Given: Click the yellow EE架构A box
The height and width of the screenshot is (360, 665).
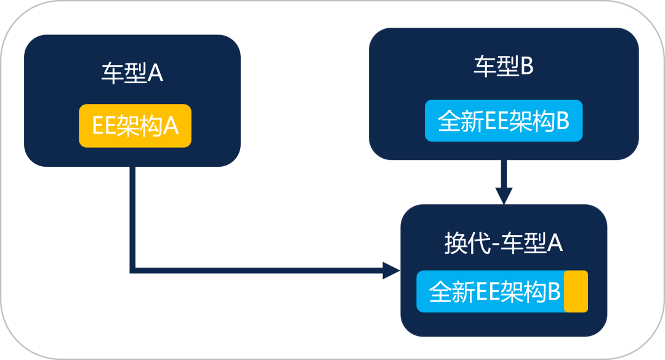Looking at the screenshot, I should (135, 126).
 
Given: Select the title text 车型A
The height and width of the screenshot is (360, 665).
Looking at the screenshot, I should (132, 74).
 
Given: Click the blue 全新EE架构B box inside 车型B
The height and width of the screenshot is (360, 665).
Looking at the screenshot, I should (504, 121).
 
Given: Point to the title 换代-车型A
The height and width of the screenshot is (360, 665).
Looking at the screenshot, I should (503, 244).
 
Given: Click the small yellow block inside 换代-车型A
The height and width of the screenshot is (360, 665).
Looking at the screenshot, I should (576, 291).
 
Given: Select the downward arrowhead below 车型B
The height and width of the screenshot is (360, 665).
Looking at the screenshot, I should (504, 196).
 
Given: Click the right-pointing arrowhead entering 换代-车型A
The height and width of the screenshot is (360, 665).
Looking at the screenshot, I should (391, 270).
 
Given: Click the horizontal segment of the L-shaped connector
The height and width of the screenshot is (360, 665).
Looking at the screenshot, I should (259, 270).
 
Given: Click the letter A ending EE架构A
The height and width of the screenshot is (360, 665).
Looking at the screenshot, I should (170, 126).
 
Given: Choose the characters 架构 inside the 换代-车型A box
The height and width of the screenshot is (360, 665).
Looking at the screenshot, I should (523, 292).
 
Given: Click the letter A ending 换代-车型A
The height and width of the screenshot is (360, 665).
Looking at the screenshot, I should (555, 244).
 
